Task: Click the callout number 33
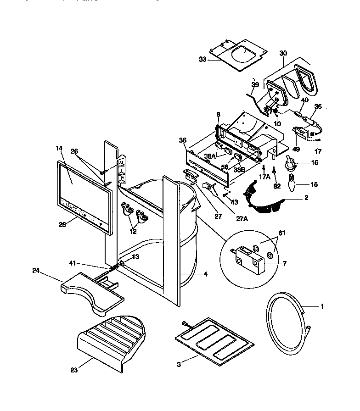click(203, 59)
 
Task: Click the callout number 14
click(58, 149)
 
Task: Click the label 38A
click(210, 156)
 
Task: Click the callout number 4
click(206, 275)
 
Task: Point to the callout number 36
click(182, 141)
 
